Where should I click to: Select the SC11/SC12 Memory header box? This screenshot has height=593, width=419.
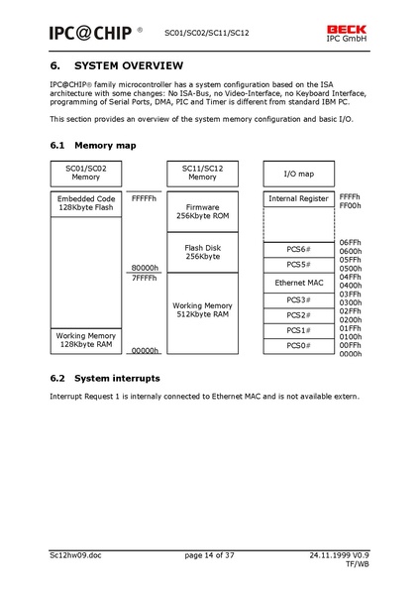click(202, 173)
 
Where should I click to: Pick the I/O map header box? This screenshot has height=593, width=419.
click(298, 174)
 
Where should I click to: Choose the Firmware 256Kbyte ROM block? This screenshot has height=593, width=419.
click(202, 211)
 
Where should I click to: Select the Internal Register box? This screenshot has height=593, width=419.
click(298, 198)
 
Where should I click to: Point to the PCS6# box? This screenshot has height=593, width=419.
click(298, 249)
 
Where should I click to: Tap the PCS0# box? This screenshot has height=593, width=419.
click(298, 345)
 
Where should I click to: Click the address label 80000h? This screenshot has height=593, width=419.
click(145, 269)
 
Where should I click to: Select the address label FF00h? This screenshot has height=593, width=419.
click(351, 206)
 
